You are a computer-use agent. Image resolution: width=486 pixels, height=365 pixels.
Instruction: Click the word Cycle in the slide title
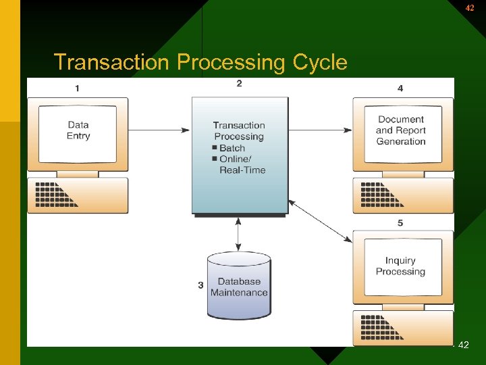pyautogui.click(x=320, y=63)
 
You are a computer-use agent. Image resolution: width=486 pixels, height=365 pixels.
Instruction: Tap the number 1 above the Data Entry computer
pyautogui.click(x=77, y=89)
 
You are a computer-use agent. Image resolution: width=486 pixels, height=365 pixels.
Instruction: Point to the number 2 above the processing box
pyautogui.click(x=240, y=84)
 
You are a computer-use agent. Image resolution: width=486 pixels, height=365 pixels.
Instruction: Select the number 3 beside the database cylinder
pyautogui.click(x=200, y=285)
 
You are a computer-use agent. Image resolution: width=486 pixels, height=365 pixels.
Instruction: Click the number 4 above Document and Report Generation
pyautogui.click(x=400, y=89)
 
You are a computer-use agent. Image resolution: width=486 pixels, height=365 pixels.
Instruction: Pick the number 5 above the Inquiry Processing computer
pyautogui.click(x=400, y=223)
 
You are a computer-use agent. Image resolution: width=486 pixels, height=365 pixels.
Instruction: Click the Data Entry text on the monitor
pyautogui.click(x=78, y=130)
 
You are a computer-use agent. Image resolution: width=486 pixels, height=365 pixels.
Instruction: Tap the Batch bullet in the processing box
pyautogui.click(x=232, y=148)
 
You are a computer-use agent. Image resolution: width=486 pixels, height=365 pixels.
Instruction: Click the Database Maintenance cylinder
pyautogui.click(x=239, y=287)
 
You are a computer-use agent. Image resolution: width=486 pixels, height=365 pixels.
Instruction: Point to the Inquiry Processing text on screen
pyautogui.click(x=400, y=266)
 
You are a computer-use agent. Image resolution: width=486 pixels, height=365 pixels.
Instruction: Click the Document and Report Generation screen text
pyautogui.click(x=401, y=130)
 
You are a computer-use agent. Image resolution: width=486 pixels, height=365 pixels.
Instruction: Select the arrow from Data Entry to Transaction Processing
pyautogui.click(x=159, y=130)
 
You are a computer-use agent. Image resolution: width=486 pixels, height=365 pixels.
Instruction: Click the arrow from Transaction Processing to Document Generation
pyautogui.click(x=321, y=130)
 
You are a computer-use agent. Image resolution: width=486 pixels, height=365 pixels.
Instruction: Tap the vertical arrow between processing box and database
pyautogui.click(x=238, y=235)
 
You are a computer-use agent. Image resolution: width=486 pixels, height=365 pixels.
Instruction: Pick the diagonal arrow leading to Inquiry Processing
pyautogui.click(x=321, y=220)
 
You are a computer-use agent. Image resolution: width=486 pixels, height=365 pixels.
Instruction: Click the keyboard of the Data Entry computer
pyautogui.click(x=78, y=195)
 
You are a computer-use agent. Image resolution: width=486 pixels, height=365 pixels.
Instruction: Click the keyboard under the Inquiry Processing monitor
pyautogui.click(x=403, y=328)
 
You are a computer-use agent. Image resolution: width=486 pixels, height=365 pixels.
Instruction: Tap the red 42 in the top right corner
pyautogui.click(x=470, y=8)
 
